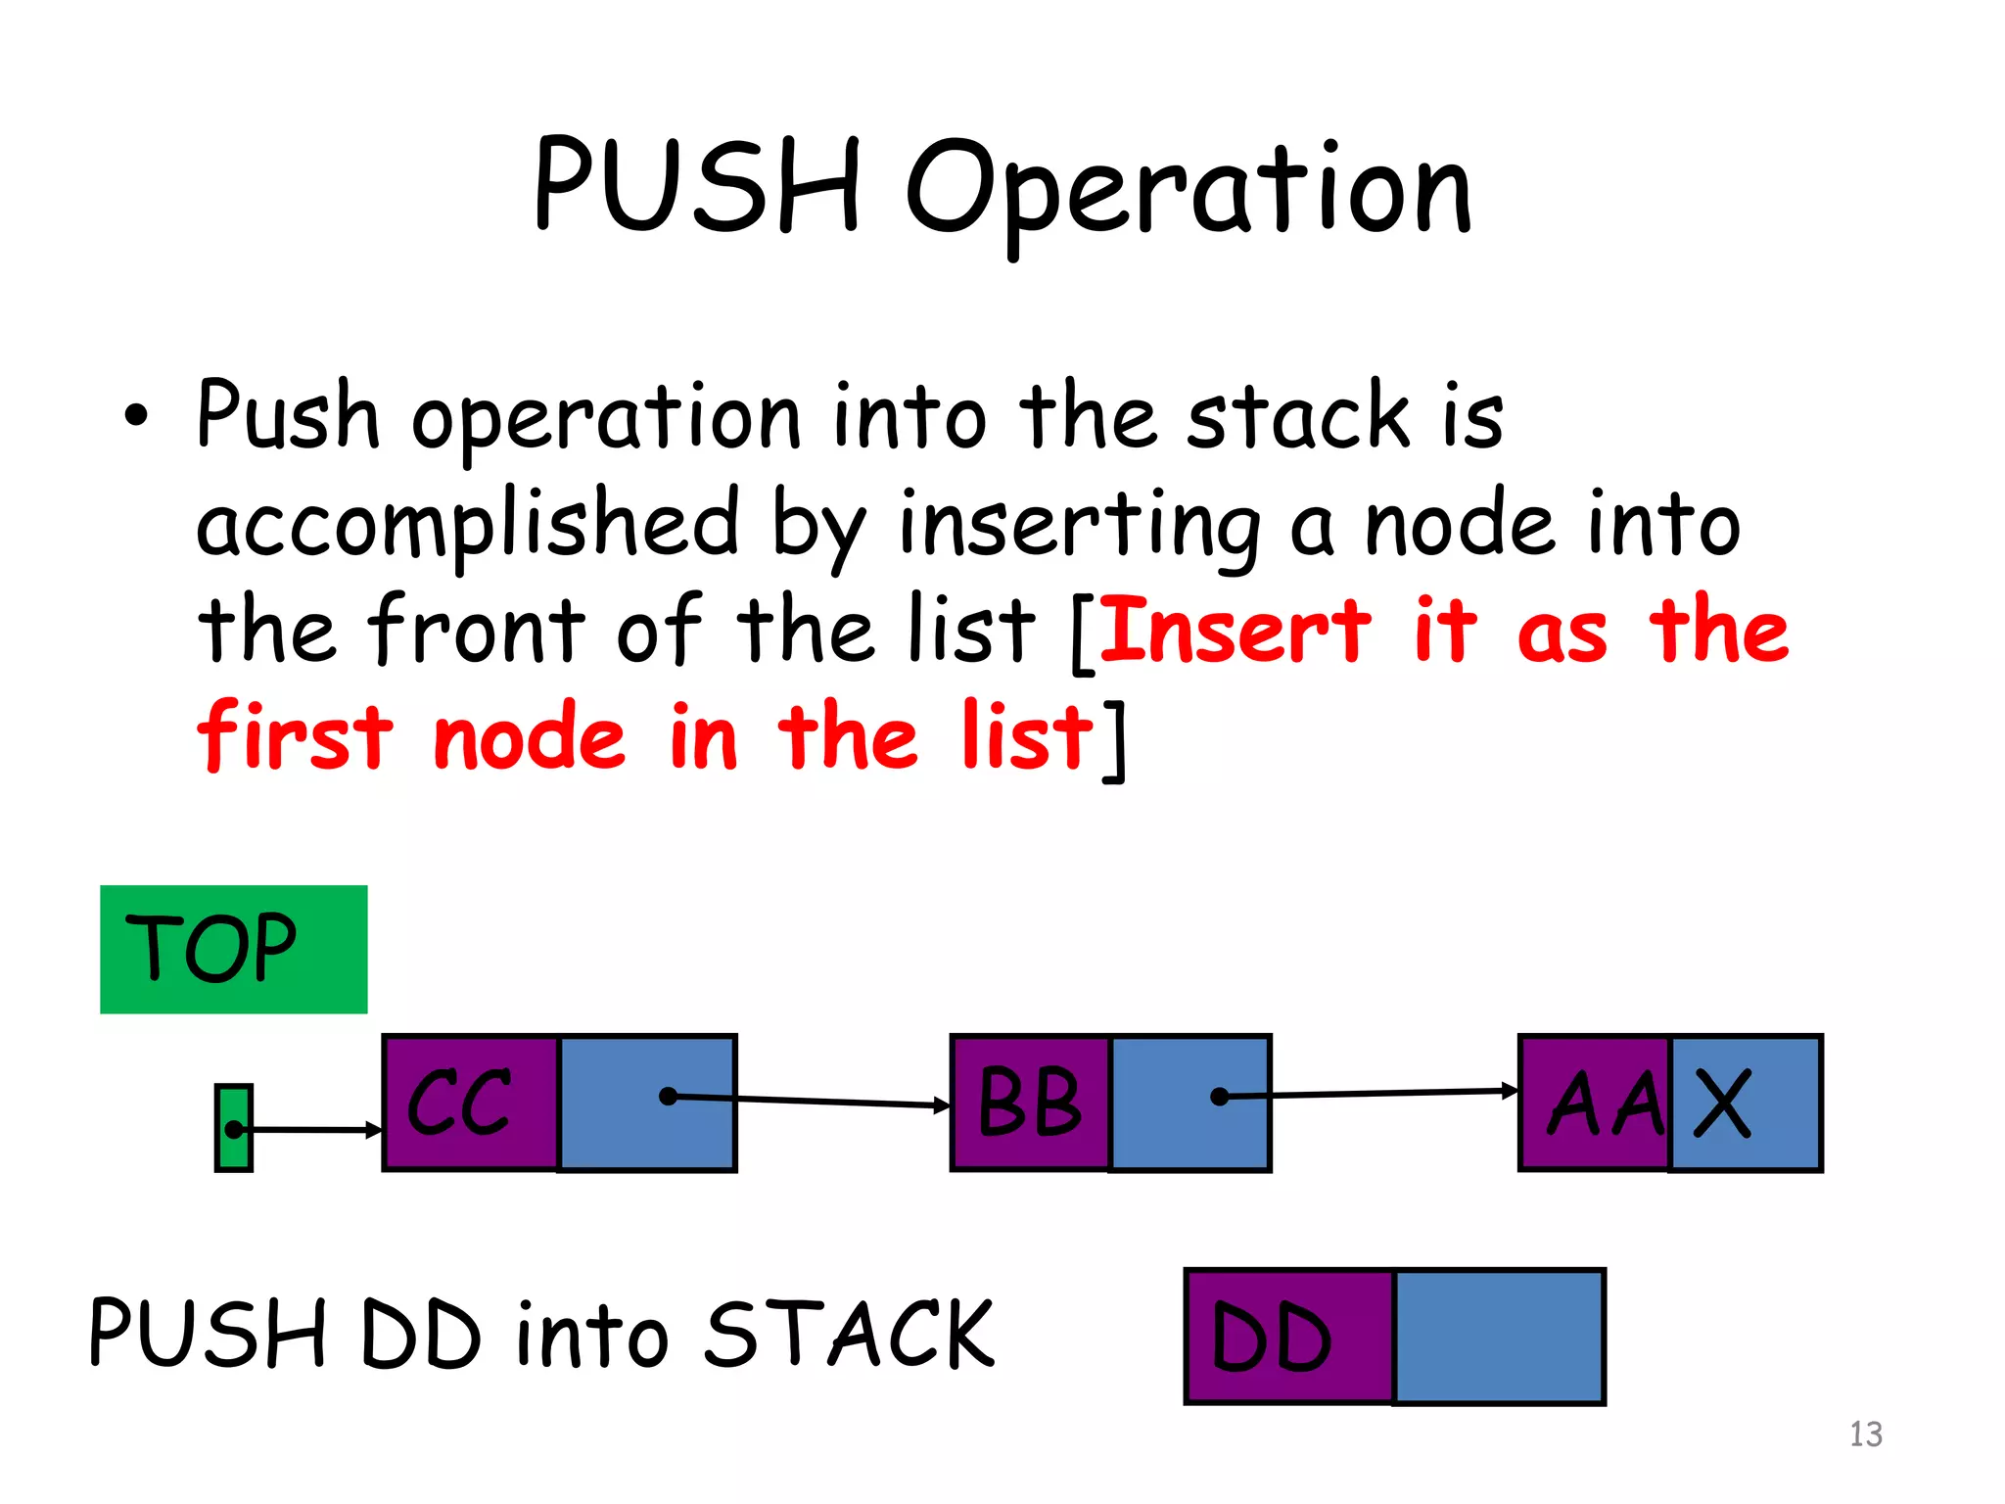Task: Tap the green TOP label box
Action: (x=233, y=949)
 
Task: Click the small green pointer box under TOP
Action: (x=233, y=1128)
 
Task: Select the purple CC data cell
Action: (x=470, y=1103)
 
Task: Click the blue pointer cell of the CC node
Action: (x=647, y=1103)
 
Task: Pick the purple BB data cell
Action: (x=1030, y=1103)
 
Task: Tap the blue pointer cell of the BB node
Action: (x=1190, y=1103)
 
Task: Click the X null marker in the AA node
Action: (x=1723, y=1103)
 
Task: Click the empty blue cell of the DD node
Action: (x=1498, y=1337)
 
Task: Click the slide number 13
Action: (x=1865, y=1434)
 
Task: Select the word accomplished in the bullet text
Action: (x=467, y=524)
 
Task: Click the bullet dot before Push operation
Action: (x=136, y=417)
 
